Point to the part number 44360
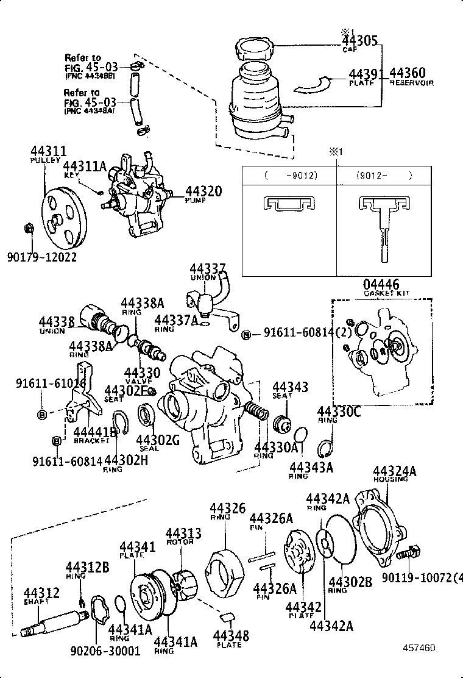coord(408,74)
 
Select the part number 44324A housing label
coord(394,471)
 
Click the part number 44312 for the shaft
coord(41,593)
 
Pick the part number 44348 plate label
coord(231,637)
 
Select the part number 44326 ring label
coord(227,508)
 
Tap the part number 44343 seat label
coord(290,387)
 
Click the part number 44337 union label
coord(207,269)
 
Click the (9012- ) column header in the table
coord(384,176)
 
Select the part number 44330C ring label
coord(339,413)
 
